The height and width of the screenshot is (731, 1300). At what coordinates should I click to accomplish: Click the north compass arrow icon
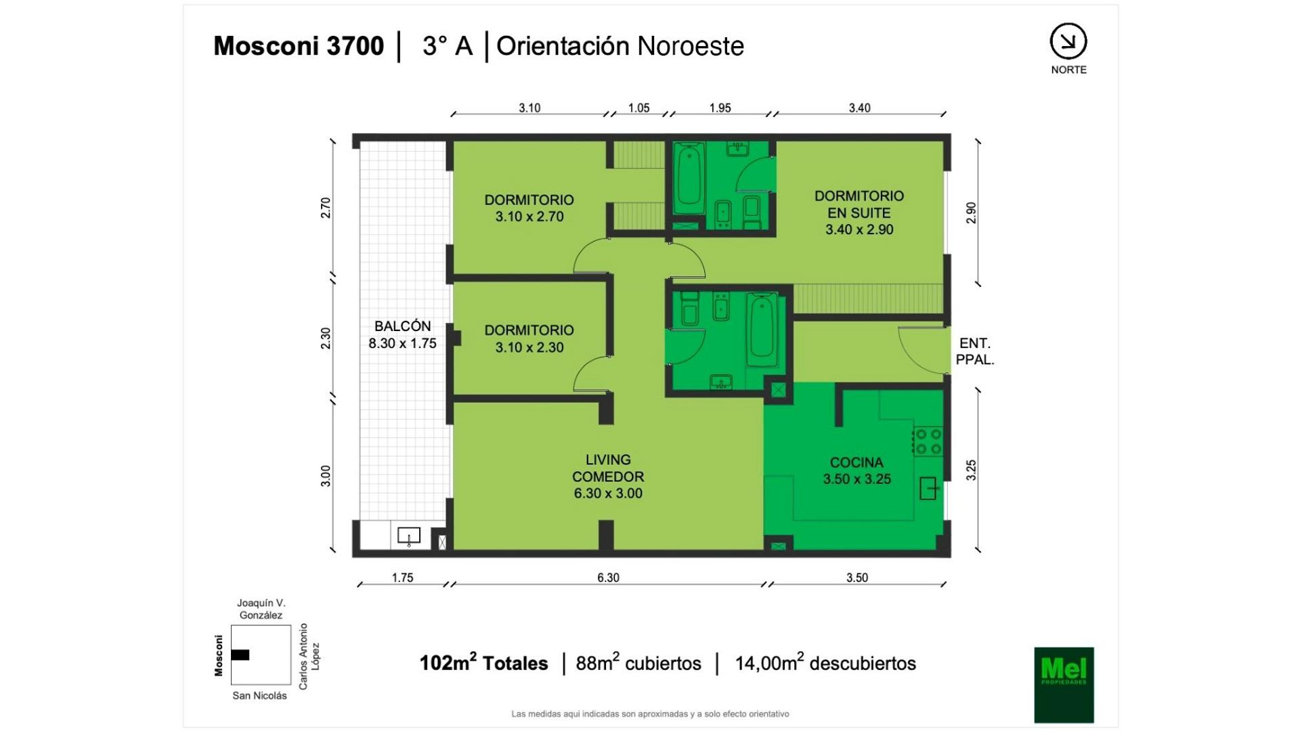tap(1068, 41)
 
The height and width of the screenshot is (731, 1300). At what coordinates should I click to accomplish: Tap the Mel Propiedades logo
tap(1064, 685)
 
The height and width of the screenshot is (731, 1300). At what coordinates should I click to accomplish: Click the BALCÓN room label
tap(402, 334)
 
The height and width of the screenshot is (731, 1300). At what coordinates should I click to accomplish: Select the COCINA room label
tap(857, 470)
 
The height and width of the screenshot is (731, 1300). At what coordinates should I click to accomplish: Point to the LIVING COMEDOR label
tap(608, 477)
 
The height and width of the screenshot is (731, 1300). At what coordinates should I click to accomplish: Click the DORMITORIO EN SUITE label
tap(859, 213)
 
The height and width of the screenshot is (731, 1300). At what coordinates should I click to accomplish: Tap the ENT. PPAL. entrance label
tap(975, 351)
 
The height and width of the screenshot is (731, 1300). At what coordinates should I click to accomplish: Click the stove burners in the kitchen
tap(928, 441)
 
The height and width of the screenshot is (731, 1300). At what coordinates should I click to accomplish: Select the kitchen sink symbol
tap(929, 488)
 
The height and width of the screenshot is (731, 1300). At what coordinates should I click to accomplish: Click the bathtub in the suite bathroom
tap(689, 178)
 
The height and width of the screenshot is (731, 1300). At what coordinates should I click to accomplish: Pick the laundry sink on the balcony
tap(408, 536)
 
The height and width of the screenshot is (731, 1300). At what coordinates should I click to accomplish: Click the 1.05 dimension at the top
tap(638, 108)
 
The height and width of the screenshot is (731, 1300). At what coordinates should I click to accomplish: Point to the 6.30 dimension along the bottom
tap(608, 577)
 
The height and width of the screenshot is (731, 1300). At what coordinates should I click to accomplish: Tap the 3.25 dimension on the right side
tap(971, 470)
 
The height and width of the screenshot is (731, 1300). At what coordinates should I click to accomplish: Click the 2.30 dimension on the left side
tap(326, 338)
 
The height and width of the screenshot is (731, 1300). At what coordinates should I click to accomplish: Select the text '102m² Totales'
tap(483, 662)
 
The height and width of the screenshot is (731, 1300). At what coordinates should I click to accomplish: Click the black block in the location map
tap(240, 655)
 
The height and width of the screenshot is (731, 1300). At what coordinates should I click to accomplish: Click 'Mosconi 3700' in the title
tap(299, 46)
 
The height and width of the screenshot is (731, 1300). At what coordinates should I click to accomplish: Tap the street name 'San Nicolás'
tap(259, 695)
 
